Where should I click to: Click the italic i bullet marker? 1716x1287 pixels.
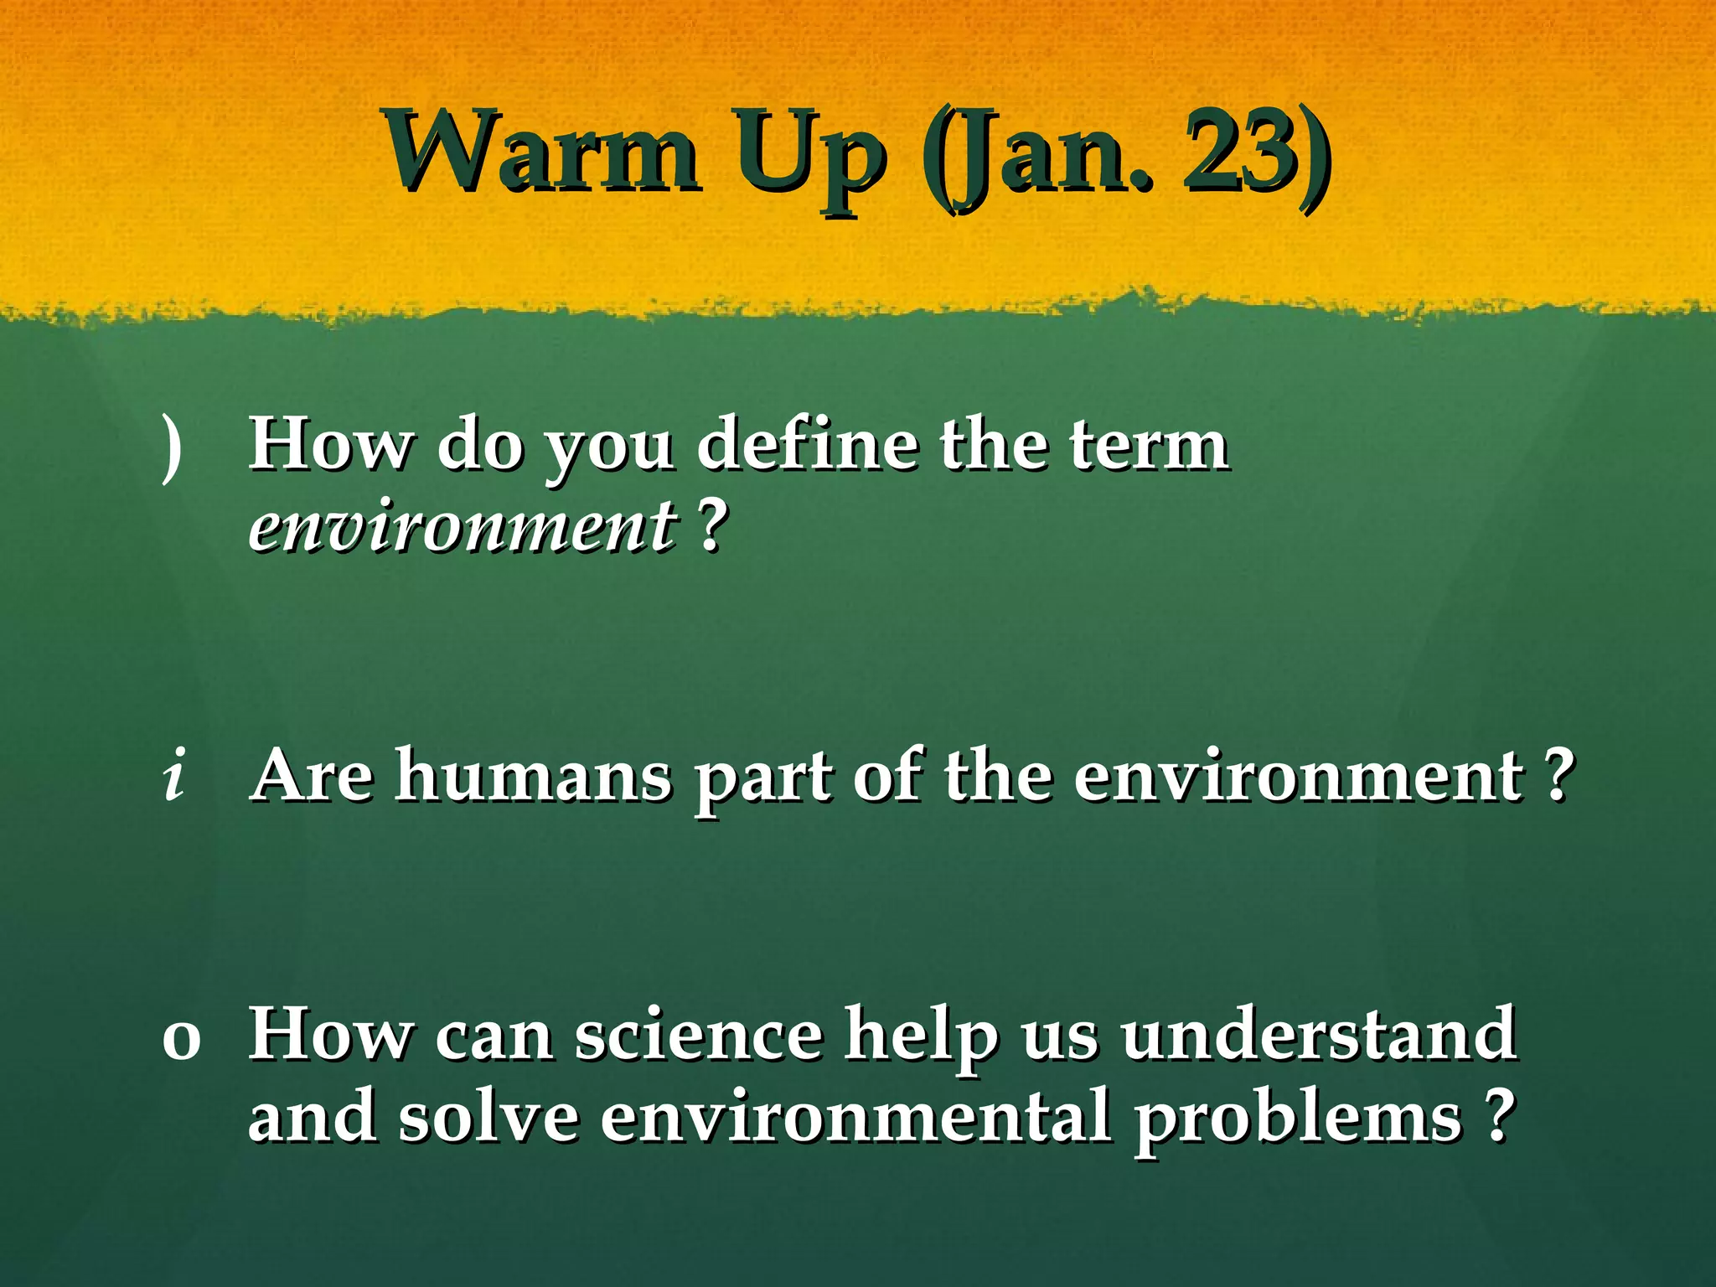[x=173, y=775]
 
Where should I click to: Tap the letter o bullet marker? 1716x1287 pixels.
[x=181, y=1039]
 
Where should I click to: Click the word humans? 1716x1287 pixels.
[x=534, y=775]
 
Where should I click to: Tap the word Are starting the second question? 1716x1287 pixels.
[x=312, y=775]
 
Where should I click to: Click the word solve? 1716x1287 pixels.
[x=488, y=1119]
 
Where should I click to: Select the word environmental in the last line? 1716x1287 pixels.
[x=855, y=1119]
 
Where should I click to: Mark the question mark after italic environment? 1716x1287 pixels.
[x=711, y=528]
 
